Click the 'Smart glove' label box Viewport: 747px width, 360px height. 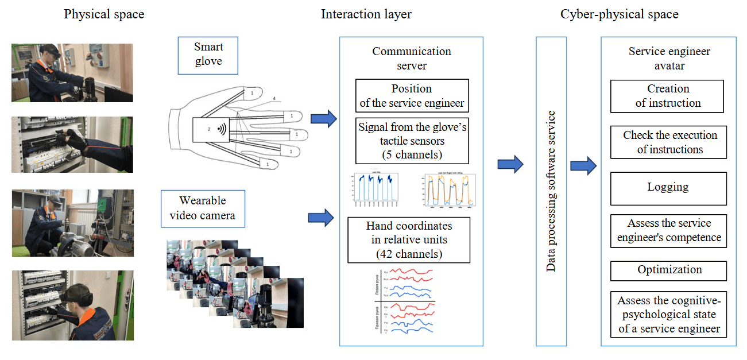[x=208, y=55]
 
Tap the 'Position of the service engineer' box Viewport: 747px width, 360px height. [x=412, y=96]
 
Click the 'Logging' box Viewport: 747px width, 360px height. [x=668, y=188]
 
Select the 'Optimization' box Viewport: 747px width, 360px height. [x=669, y=270]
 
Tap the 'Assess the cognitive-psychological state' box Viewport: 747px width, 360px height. [x=669, y=315]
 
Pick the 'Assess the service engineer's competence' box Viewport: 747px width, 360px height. [x=669, y=230]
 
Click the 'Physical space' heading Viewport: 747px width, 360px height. [x=104, y=14]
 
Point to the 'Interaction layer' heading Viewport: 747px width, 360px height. [x=366, y=14]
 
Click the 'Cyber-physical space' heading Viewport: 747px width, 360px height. [x=619, y=14]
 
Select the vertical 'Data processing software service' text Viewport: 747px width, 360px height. [x=551, y=191]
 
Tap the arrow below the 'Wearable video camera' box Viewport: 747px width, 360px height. [x=321, y=218]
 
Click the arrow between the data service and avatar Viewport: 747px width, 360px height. [x=583, y=165]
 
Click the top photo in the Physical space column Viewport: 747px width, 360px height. [x=72, y=73]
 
